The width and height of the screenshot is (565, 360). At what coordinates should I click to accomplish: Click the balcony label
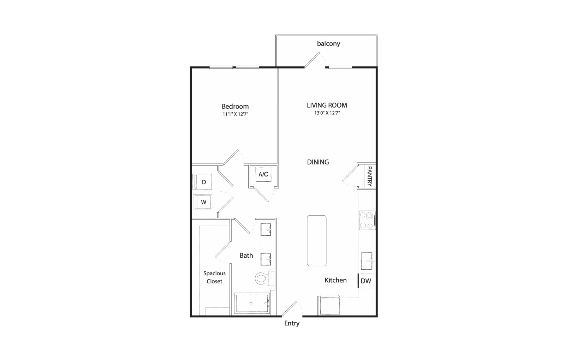click(328, 44)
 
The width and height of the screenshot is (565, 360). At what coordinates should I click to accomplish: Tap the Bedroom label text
click(235, 106)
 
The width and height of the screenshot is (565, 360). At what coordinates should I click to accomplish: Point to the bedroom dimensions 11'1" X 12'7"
click(235, 114)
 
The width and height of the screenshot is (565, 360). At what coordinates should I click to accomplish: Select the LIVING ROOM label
click(327, 105)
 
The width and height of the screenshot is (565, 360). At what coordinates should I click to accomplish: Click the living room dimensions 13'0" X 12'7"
click(327, 113)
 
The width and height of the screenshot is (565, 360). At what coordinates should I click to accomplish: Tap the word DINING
click(318, 162)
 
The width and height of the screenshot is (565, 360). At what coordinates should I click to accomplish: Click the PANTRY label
click(369, 176)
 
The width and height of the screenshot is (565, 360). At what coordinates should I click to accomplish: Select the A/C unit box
click(263, 174)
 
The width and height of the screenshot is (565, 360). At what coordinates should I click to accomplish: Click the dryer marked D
click(202, 182)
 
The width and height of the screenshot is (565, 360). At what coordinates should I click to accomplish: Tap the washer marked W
click(202, 202)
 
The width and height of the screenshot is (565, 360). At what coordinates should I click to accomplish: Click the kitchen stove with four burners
click(367, 220)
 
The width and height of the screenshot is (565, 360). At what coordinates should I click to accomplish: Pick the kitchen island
click(316, 240)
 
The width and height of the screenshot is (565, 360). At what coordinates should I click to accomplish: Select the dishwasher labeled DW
click(366, 281)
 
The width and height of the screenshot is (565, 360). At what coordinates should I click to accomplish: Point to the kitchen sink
click(367, 261)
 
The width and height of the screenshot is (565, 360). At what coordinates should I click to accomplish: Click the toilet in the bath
click(264, 278)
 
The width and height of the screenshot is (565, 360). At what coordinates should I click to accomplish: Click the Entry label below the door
click(292, 323)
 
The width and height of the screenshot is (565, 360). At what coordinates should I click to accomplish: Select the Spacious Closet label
click(214, 277)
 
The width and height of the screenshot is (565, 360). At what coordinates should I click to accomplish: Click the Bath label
click(246, 256)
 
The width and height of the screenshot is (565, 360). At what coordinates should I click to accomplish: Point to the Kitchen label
click(335, 280)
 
